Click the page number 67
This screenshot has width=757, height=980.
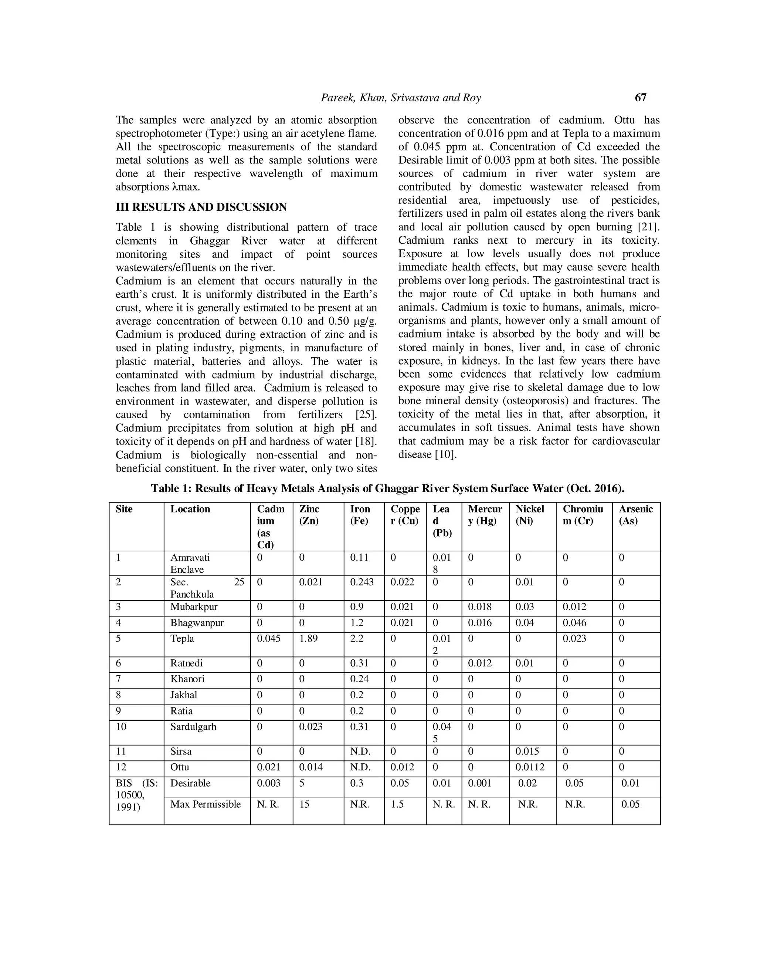click(x=641, y=97)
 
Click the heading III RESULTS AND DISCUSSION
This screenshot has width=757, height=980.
click(x=201, y=207)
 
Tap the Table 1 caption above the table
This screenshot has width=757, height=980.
click(x=387, y=488)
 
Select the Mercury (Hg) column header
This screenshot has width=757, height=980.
click(x=485, y=515)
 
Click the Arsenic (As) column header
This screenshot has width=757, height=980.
click(x=635, y=515)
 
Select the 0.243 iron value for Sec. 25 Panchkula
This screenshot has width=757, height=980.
click(x=361, y=582)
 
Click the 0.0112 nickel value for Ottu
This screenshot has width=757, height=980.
click(x=530, y=767)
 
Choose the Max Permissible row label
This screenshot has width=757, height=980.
click(x=206, y=804)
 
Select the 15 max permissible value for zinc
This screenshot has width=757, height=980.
click(x=304, y=804)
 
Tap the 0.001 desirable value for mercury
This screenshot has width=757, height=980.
click(x=479, y=783)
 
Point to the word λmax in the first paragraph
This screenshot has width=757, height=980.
click(x=186, y=187)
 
